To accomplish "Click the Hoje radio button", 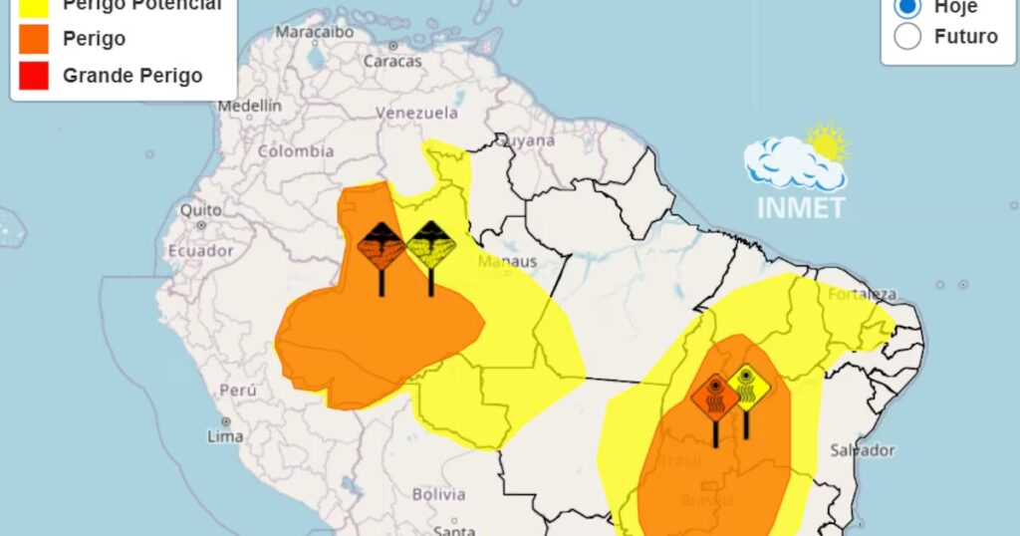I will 907,7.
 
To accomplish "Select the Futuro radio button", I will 907,37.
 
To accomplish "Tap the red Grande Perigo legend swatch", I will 33,76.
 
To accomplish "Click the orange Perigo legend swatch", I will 33,39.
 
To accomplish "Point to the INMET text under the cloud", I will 801,208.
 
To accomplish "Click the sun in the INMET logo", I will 828,142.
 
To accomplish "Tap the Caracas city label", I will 391,61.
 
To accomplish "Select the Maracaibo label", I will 315,32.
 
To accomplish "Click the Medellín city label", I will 250,106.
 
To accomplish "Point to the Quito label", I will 200,210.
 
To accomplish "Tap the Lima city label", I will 225,435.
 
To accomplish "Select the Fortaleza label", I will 863,295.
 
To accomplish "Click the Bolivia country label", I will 439,494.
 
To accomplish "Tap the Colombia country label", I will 296,151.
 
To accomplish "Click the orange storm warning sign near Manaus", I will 382,245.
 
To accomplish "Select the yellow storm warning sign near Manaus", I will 431,245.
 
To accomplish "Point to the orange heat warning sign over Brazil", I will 715,398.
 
